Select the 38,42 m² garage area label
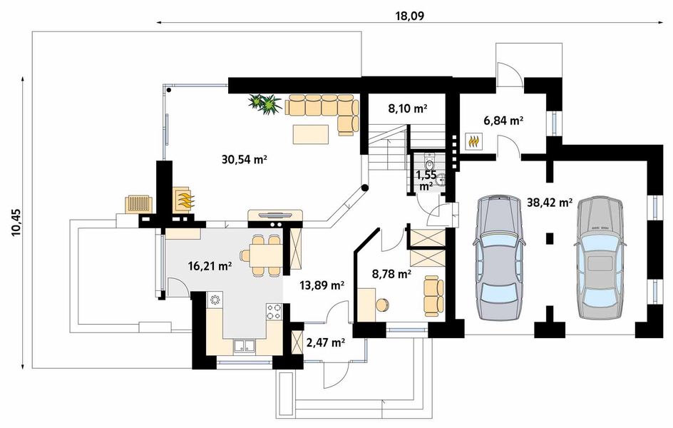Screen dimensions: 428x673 pyautogui.click(x=550, y=203)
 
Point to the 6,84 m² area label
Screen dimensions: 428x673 pyautogui.click(x=503, y=121)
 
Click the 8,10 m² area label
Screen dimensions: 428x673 pyautogui.click(x=407, y=109)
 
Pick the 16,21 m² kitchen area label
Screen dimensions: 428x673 pyautogui.click(x=210, y=266)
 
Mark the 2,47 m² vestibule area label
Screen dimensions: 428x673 pyautogui.click(x=325, y=342)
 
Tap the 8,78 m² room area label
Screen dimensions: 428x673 pyautogui.click(x=392, y=273)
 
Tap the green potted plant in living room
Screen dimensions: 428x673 pyautogui.click(x=265, y=104)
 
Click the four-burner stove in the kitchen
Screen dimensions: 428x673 pyautogui.click(x=274, y=311)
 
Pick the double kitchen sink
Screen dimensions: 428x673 pyautogui.click(x=246, y=346)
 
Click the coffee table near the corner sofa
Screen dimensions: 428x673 pyautogui.click(x=313, y=131)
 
